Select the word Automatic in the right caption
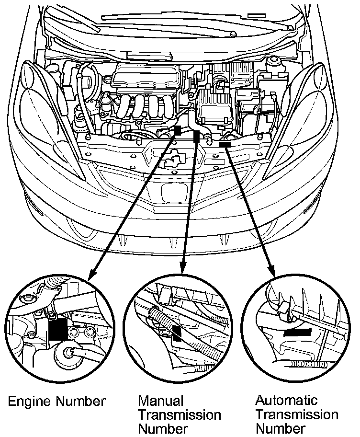click(286, 400)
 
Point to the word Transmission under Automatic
click(297, 414)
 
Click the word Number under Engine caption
click(82, 402)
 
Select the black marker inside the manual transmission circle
click(177, 333)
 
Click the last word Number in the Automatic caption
click(281, 427)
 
